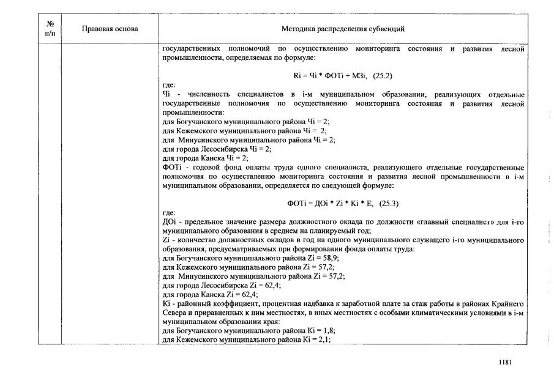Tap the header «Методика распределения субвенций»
[342, 29]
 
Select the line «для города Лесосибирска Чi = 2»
[217, 149]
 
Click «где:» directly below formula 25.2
[169, 85]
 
